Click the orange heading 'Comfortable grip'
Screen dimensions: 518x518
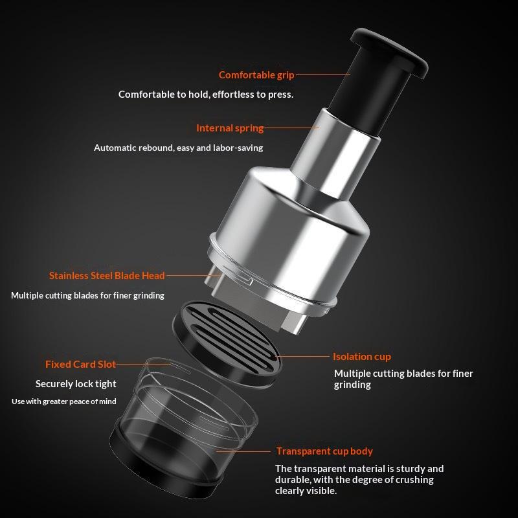[256, 75]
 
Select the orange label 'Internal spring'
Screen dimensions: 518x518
[230, 128]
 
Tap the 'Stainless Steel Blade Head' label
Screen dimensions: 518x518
[107, 276]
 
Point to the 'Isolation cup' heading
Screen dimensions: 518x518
[362, 357]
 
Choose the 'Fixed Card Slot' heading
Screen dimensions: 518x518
[80, 364]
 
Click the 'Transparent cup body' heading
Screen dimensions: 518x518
[324, 451]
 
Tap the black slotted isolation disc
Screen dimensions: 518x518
[227, 344]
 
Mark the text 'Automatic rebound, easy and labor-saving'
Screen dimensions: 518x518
[179, 148]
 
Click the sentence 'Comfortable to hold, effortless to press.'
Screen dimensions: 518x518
[206, 95]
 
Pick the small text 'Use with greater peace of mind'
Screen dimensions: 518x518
[63, 401]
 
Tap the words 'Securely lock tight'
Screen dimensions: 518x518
[76, 384]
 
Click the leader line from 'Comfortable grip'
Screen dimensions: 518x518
[323, 74]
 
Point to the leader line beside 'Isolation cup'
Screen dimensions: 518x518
[304, 357]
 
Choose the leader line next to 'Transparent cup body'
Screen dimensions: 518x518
[243, 451]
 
